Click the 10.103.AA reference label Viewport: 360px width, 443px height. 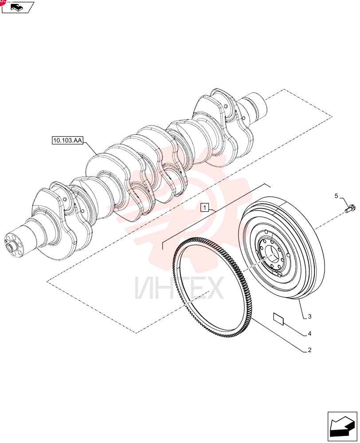pyautogui.click(x=67, y=140)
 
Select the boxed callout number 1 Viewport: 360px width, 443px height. pyautogui.click(x=205, y=208)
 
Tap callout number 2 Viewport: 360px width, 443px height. pyautogui.click(x=309, y=350)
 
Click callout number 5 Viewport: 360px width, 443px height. pyautogui.click(x=336, y=196)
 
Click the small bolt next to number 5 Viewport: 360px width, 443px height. pyautogui.click(x=350, y=208)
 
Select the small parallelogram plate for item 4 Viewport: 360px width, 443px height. pyautogui.click(x=278, y=319)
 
